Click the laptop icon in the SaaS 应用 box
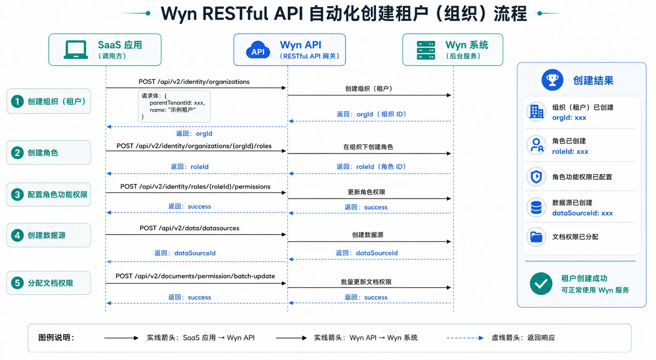pyautogui.click(x=76, y=50)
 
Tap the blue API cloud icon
pyautogui.click(x=258, y=50)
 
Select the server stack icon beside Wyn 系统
pyautogui.click(x=426, y=50)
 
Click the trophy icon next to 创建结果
pyautogui.click(x=552, y=79)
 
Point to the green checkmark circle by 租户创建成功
pyautogui.click(x=541, y=283)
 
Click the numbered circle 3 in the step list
pyautogui.click(x=17, y=195)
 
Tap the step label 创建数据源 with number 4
pyautogui.click(x=48, y=235)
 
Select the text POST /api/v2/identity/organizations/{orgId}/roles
pyautogui.click(x=194, y=146)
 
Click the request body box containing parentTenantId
pyautogui.click(x=174, y=106)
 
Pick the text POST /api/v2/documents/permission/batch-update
pyautogui.click(x=195, y=276)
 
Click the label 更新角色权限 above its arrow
pyautogui.click(x=366, y=192)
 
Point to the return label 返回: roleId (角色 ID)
pyautogui.click(x=371, y=167)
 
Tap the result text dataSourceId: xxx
pyautogui.click(x=582, y=213)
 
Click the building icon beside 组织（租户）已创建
pyautogui.click(x=536, y=112)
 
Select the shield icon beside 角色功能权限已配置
pyautogui.click(x=536, y=177)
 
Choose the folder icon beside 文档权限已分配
pyautogui.click(x=536, y=237)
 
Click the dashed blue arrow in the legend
pyautogui.click(x=465, y=338)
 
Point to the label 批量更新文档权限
pyautogui.click(x=366, y=282)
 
